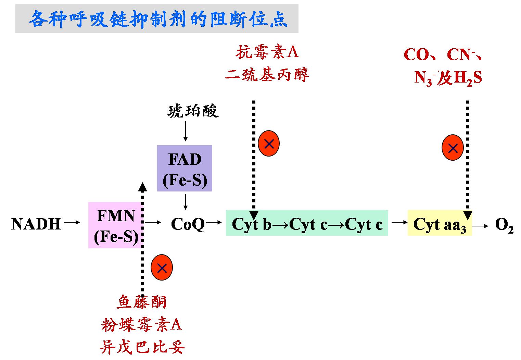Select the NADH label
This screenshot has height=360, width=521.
click(36, 224)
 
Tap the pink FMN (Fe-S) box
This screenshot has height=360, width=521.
click(116, 225)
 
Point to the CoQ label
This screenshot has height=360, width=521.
click(188, 224)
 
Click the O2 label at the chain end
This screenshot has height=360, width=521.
click(504, 225)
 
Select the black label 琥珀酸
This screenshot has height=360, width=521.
click(193, 111)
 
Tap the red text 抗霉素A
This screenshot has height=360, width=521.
click(267, 52)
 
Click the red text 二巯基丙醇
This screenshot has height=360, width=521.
click(267, 74)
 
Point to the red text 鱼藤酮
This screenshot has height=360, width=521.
click(142, 302)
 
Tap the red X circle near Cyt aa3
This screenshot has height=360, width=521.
click(453, 148)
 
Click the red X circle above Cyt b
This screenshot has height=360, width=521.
click(269, 144)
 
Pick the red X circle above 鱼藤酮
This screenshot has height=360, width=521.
click(162, 268)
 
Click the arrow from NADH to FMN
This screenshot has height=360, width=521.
click(72, 223)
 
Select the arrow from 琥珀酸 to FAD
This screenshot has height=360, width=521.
click(185, 131)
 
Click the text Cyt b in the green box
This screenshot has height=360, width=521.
click(252, 225)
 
